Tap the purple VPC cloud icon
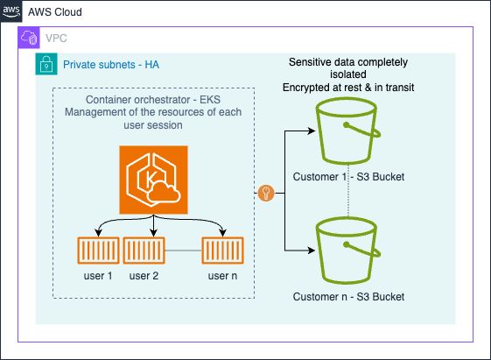[x=30, y=39]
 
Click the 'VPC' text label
[x=57, y=39]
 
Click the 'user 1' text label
[x=93, y=277]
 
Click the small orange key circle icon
[x=265, y=192]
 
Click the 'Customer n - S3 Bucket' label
[x=349, y=297]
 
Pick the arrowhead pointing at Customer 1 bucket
[x=311, y=132]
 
